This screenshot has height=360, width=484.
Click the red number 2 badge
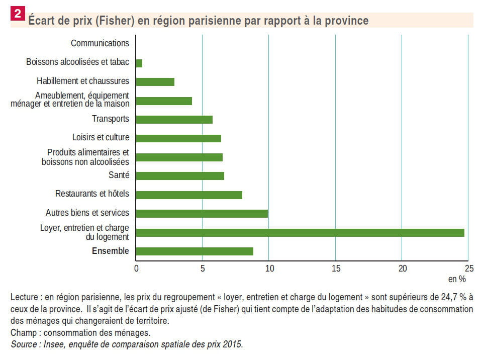[x=18, y=14]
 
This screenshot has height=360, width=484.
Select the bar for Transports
[x=174, y=120]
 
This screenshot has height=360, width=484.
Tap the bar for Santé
[x=180, y=175]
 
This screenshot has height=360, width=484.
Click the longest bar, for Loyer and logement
[x=300, y=233]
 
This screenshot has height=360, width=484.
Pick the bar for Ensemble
[x=195, y=251]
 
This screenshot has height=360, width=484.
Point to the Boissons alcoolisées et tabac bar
[x=139, y=63]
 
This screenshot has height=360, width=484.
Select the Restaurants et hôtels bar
[x=189, y=195]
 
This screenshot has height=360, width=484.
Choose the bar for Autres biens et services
[x=202, y=213]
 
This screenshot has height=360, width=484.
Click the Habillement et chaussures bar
[x=155, y=81]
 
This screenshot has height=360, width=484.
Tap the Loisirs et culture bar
[x=178, y=138]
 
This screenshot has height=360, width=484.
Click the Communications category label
[x=100, y=43]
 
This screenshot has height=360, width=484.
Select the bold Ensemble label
[x=110, y=251]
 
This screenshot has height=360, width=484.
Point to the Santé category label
[x=119, y=175]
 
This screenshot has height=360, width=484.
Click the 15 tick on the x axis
[x=336, y=268]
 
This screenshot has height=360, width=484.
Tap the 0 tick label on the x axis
[x=136, y=268]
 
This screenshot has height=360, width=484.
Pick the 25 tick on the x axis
[x=468, y=268]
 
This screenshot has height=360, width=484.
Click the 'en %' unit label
[x=457, y=279]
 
